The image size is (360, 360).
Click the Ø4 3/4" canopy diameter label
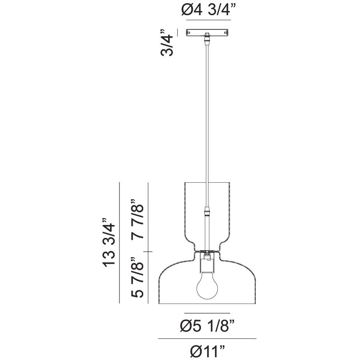tap(208, 10)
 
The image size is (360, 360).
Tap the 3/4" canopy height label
tap(167, 43)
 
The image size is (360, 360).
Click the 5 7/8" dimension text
tap(137, 277)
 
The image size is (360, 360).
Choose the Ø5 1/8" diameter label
tap(208, 326)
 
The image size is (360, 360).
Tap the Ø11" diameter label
tap(208, 351)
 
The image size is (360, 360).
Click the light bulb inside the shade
tap(208, 286)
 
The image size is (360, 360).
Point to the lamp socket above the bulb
tap(208, 262)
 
